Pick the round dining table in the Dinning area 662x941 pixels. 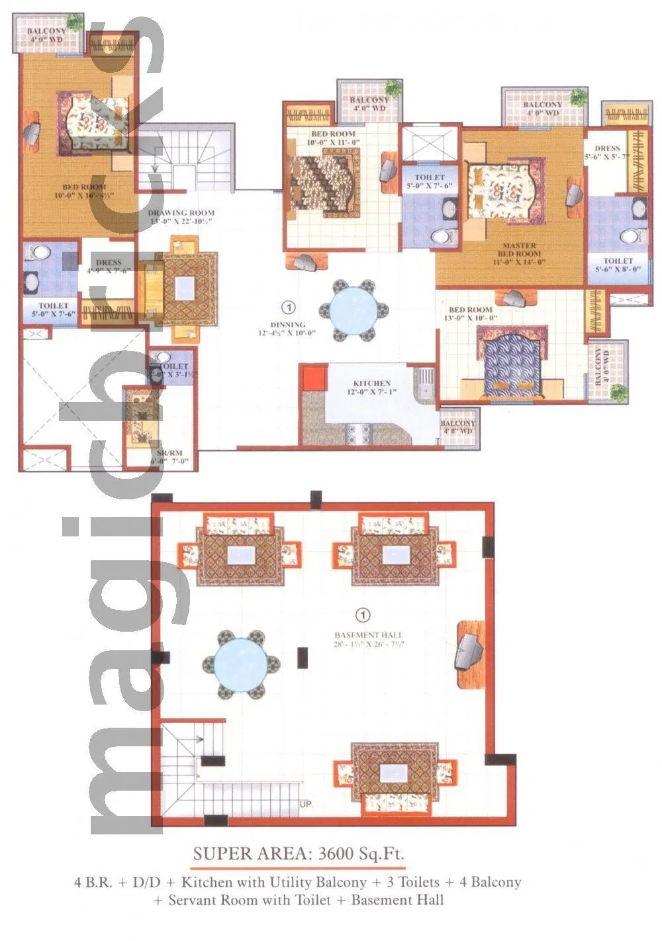pos(354,309)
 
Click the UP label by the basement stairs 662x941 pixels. pos(306,805)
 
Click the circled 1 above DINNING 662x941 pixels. pos(288,307)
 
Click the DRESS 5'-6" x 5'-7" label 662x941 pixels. pos(607,153)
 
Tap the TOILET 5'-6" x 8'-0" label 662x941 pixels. pos(618,265)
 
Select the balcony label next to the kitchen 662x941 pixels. pos(457,427)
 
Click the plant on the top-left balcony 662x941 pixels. pos(75,22)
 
